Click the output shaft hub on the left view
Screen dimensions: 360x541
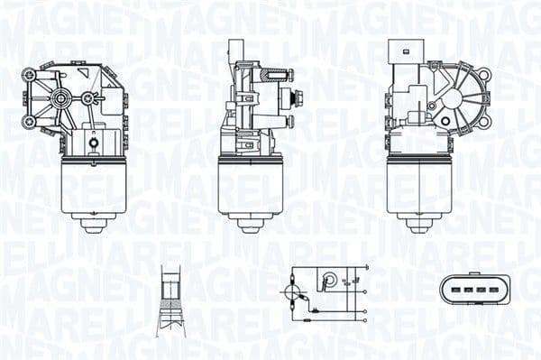[x=61, y=97]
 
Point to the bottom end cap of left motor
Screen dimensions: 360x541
[x=94, y=224]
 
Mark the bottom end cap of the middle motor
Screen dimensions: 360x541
[x=251, y=224]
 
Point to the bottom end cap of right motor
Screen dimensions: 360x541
[x=418, y=224]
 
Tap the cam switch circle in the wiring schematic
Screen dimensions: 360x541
[x=330, y=279]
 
